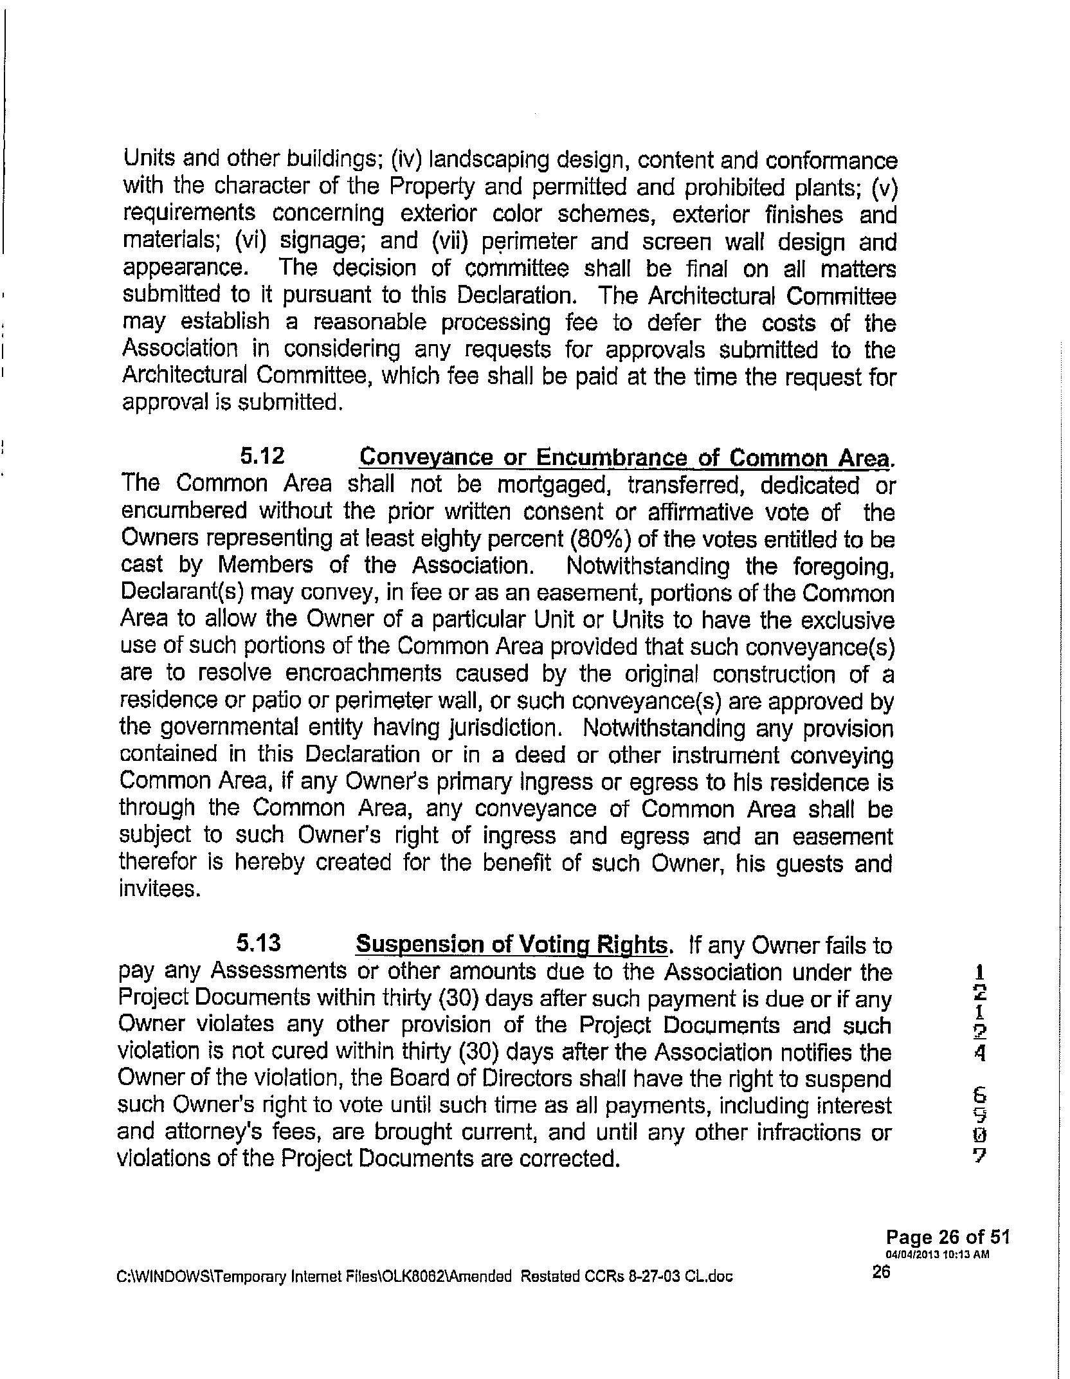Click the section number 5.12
[262, 456]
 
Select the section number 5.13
[259, 943]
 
